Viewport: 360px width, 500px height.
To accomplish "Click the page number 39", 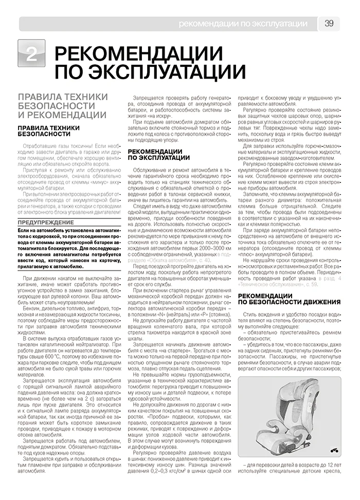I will (x=329, y=23).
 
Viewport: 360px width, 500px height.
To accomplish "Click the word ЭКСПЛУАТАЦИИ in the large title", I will (x=150, y=72).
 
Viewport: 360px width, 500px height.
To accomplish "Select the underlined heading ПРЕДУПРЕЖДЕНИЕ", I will (x=46, y=222).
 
